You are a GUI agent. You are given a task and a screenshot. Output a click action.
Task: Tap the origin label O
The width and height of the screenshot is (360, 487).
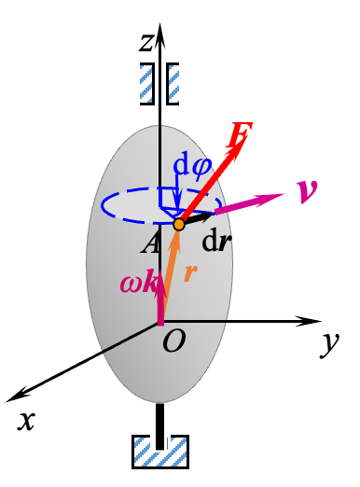coord(173,342)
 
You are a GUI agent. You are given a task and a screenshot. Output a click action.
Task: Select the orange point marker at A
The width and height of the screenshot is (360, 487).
coord(179,224)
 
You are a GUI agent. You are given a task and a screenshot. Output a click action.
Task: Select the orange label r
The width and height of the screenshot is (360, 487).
coord(191,272)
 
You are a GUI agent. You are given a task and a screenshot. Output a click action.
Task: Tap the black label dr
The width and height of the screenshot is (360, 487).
coord(215,243)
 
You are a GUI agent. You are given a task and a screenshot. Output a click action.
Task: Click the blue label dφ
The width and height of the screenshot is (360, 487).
coord(192,165)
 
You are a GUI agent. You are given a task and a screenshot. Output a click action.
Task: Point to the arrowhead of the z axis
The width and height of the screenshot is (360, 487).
coord(161,33)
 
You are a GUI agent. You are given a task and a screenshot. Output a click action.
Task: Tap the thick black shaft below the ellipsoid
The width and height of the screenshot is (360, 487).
coord(161,419)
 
